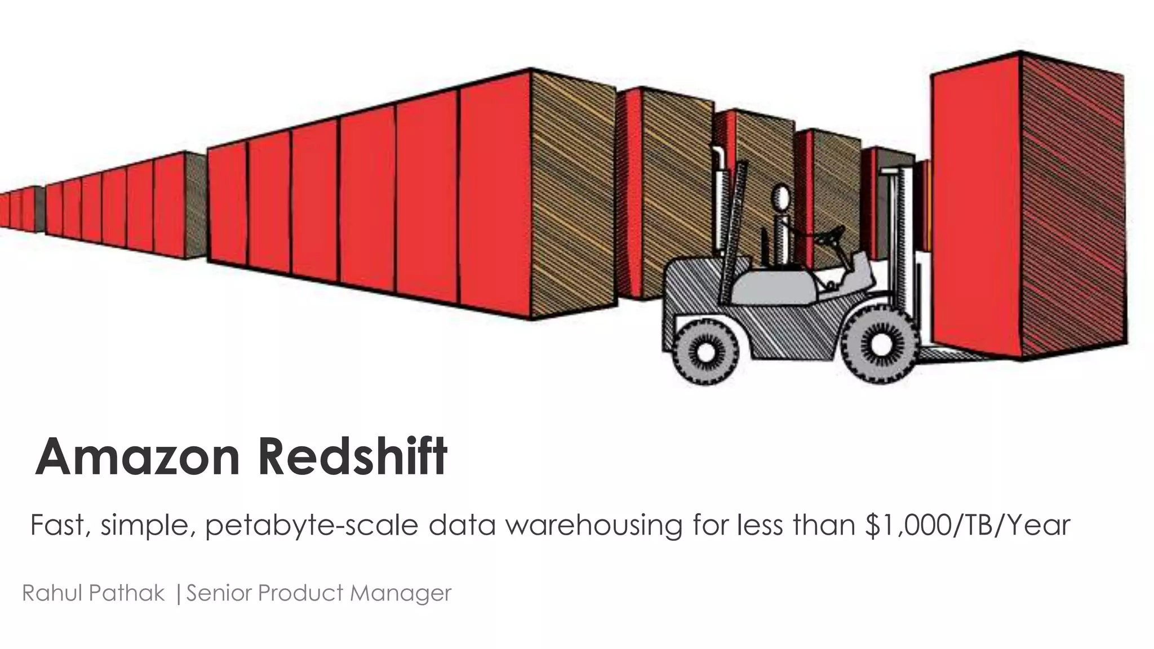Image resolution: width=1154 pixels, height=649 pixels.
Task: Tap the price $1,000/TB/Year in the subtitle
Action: pos(966,525)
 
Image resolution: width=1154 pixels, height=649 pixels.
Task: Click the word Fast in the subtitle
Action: pos(59,525)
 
